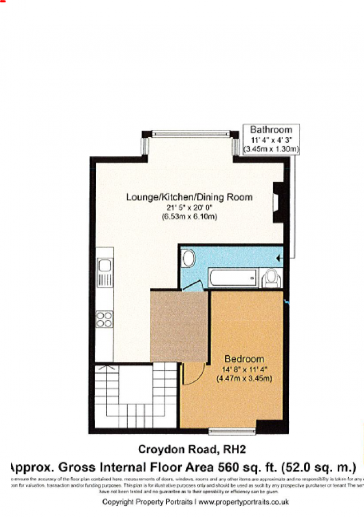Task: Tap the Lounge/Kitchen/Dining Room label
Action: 189,197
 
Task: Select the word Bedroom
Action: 244,359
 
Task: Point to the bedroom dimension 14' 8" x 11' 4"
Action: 244,369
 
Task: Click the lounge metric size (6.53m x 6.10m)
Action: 189,216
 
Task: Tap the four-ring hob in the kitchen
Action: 104,319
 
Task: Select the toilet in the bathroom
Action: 272,277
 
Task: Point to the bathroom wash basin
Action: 188,259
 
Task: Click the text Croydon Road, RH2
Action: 185,449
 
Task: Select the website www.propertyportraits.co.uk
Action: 244,502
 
